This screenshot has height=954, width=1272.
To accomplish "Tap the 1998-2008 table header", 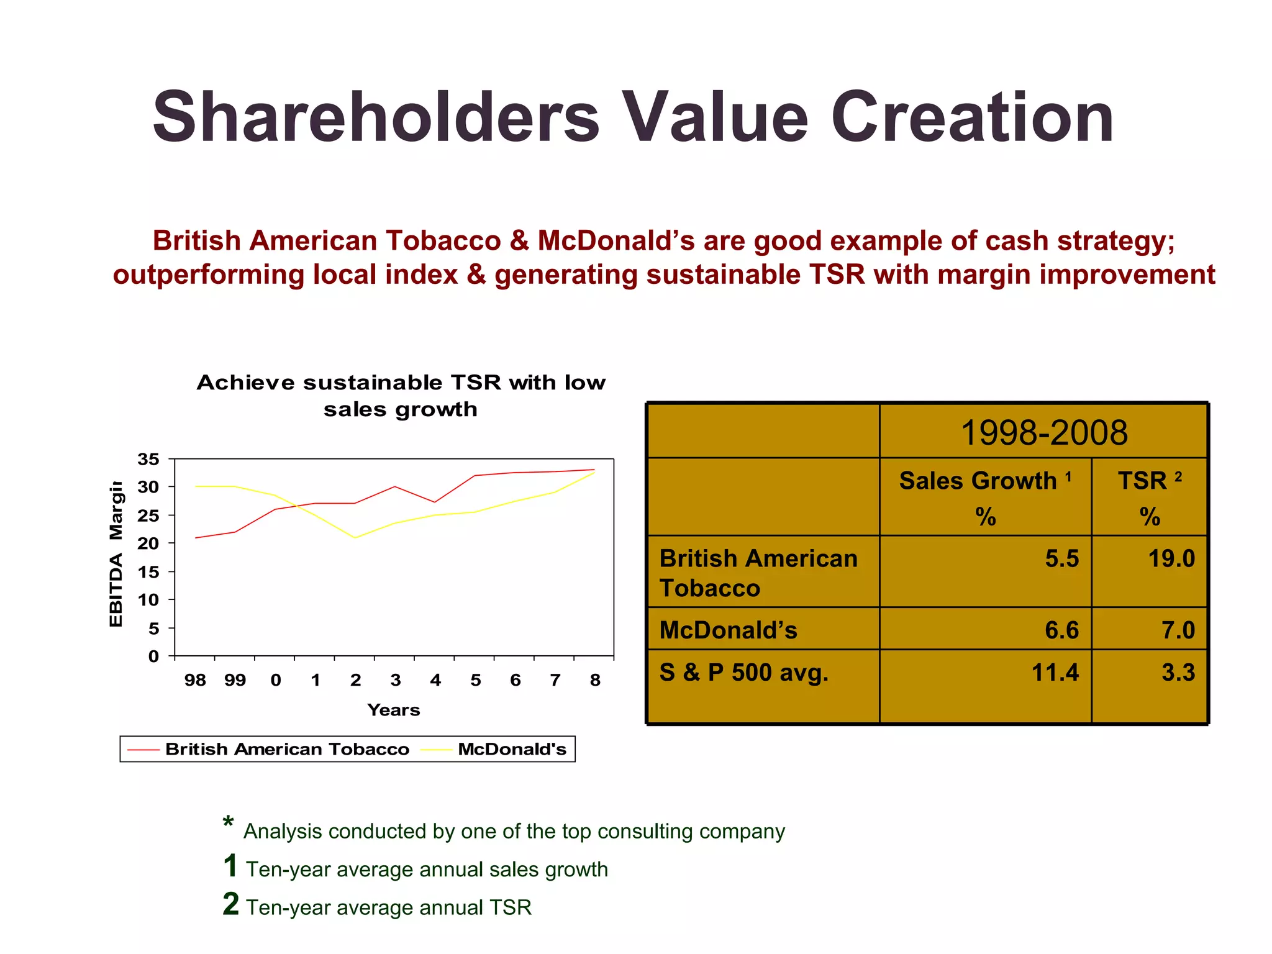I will pyautogui.click(x=1043, y=433).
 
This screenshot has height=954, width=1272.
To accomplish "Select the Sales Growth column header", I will pyautogui.click(x=985, y=481).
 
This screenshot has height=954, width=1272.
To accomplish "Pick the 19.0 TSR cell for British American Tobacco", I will pyautogui.click(x=1171, y=559).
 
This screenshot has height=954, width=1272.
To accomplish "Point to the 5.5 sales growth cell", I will pyautogui.click(x=1061, y=559).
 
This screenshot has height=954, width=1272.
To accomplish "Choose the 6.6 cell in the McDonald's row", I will pyautogui.click(x=1061, y=630).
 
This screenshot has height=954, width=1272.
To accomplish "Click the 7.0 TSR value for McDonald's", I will pyautogui.click(x=1178, y=630).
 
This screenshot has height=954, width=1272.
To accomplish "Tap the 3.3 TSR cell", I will pyautogui.click(x=1178, y=673).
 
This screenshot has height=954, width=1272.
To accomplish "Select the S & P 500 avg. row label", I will pyautogui.click(x=743, y=673).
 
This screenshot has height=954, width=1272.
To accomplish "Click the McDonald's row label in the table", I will pyautogui.click(x=728, y=630).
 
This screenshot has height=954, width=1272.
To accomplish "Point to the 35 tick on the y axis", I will pyautogui.click(x=148, y=460).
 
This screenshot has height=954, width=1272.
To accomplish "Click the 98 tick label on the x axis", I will pyautogui.click(x=195, y=681).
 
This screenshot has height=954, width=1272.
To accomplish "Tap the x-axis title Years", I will pyautogui.click(x=393, y=710).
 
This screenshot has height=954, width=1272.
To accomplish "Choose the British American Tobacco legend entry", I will pyautogui.click(x=287, y=749).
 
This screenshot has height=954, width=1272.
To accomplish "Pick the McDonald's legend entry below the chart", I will pyautogui.click(x=512, y=749).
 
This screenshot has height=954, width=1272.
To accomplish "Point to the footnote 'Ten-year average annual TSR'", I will pyautogui.click(x=388, y=907).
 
